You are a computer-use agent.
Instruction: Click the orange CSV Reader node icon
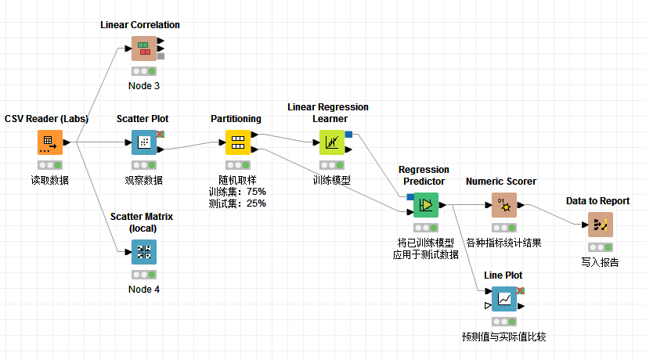point(49,142)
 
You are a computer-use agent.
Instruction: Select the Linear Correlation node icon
point(144,49)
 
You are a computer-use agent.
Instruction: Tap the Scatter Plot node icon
point(143,142)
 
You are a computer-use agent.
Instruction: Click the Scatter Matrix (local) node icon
point(143,252)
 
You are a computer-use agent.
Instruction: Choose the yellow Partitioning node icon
point(237,142)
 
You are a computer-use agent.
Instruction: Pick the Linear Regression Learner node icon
point(331,142)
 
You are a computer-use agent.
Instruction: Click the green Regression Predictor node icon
point(425,205)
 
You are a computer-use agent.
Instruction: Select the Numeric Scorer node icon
point(503,205)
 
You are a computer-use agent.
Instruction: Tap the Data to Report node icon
point(600,225)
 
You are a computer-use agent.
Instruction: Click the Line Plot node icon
point(503,299)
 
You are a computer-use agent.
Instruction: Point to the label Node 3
point(144,85)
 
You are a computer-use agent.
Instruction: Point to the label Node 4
point(144,289)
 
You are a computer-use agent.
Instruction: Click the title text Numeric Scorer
point(501,181)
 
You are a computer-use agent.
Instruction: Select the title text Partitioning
point(236,119)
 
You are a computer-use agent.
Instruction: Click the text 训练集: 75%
point(237,191)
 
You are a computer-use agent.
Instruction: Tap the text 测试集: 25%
point(237,203)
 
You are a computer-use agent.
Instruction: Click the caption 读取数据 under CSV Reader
point(49,180)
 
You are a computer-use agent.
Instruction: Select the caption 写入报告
point(600,262)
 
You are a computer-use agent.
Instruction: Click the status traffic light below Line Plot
point(503,321)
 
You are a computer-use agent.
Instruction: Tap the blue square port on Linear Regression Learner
point(348,134)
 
